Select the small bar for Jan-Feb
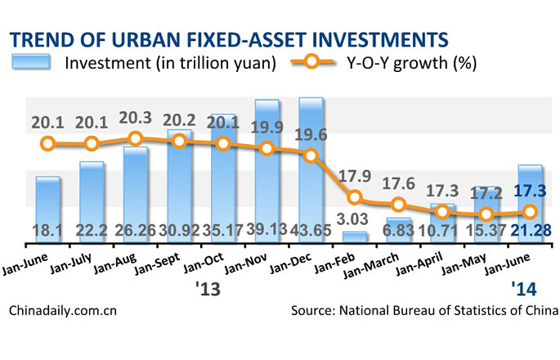[x=355, y=236]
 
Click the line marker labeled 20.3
[x=136, y=139]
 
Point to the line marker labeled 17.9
[x=355, y=197]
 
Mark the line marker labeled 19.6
[x=311, y=155]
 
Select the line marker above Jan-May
[x=486, y=215]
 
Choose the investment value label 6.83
[x=398, y=232]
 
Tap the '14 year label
[x=523, y=289]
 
